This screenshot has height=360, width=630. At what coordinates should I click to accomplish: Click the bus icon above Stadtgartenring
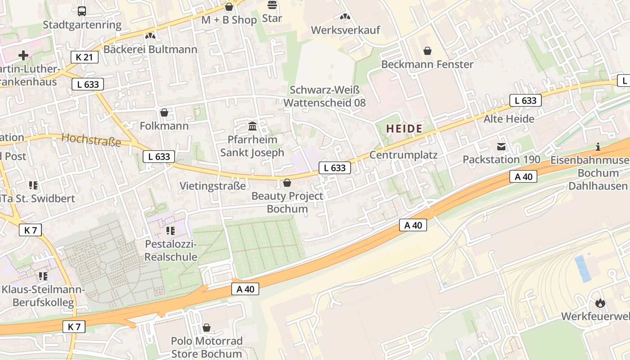(82, 11)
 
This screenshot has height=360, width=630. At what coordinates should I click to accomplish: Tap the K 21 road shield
(84, 57)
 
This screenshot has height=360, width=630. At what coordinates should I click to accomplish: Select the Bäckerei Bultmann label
(150, 49)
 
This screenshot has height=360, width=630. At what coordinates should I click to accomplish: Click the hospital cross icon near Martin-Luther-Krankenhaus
(23, 55)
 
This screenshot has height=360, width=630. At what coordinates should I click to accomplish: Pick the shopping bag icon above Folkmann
(164, 112)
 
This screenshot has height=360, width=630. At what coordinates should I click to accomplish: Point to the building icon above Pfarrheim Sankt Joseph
(252, 126)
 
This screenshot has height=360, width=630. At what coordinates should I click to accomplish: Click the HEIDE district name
(404, 129)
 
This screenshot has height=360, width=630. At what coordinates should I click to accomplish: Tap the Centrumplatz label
(403, 155)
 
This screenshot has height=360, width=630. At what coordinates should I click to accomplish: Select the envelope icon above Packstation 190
(501, 146)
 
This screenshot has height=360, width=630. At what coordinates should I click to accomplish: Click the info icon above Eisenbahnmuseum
(598, 147)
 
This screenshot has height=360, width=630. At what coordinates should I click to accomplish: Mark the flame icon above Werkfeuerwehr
(600, 303)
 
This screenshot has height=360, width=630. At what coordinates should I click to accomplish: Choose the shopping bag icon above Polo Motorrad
(207, 327)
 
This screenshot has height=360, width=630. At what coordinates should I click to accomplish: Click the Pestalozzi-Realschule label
(171, 251)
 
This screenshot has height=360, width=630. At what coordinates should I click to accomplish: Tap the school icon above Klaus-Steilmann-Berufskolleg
(43, 276)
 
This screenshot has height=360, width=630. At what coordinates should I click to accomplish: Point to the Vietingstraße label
(213, 186)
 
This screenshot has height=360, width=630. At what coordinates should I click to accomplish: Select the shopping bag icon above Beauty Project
(287, 183)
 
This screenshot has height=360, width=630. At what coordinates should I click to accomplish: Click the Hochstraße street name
(91, 140)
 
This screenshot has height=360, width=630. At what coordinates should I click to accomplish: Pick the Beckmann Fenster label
(427, 64)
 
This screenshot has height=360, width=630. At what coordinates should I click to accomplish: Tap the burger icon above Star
(272, 5)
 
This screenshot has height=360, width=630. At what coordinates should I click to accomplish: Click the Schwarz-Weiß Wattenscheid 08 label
(324, 96)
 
